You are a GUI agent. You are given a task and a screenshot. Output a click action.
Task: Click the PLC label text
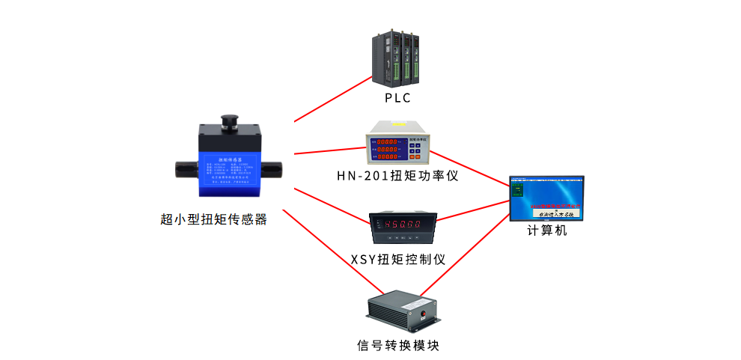397,98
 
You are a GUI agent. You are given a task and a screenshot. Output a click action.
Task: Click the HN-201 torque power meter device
397,144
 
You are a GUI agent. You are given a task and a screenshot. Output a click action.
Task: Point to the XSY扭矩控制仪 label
398,260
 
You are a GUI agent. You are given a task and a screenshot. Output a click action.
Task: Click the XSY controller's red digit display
403,223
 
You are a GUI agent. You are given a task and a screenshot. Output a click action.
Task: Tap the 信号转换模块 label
397,346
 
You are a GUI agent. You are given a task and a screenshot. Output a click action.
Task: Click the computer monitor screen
546,197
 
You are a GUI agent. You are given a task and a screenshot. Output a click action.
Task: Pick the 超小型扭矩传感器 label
214,219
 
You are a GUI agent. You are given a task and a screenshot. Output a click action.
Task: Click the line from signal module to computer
464,255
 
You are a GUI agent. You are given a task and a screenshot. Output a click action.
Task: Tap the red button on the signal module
424,312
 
